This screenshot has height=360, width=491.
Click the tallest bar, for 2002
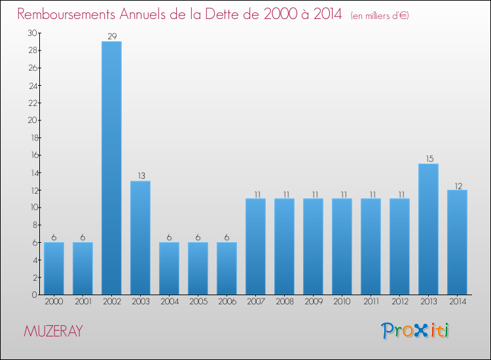coord(111,168)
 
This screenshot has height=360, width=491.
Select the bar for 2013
coord(428,229)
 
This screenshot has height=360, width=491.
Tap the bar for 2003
coord(140,238)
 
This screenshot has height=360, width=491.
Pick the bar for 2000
coord(54,268)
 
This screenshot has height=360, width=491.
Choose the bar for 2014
coord(457,242)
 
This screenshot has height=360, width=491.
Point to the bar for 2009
coord(313,247)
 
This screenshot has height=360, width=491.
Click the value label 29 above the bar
coord(111,37)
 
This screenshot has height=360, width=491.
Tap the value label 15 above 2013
coord(428,159)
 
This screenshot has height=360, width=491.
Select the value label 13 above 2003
coord(140,176)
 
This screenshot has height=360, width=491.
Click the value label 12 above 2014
coord(457,185)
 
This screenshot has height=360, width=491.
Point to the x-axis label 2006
coord(227,302)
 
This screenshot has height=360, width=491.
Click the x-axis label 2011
coord(371,302)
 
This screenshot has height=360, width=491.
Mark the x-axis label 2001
coord(82,302)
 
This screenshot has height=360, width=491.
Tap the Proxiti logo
coord(416,331)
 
